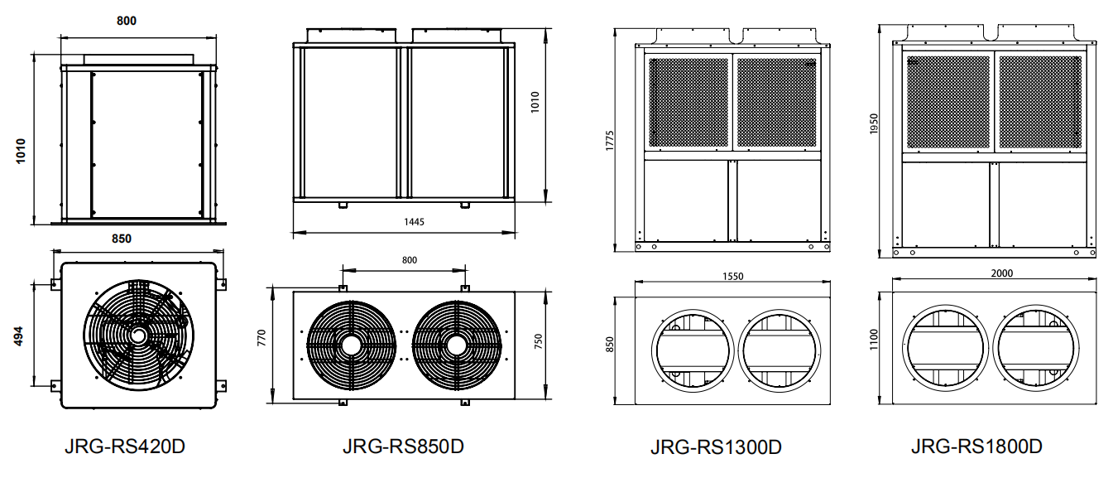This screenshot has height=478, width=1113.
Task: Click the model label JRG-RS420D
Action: [x=124, y=447]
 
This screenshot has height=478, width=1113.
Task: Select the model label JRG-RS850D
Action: [x=403, y=447]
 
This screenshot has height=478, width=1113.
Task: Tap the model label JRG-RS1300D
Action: [x=716, y=447]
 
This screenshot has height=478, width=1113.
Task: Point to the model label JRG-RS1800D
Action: [x=976, y=447]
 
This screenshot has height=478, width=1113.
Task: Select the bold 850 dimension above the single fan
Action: [x=122, y=239]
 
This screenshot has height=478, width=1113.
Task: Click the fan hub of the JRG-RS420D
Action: [x=137, y=335]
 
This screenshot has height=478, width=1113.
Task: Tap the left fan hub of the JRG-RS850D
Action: [x=350, y=343]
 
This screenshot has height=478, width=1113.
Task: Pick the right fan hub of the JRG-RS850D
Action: [x=455, y=343]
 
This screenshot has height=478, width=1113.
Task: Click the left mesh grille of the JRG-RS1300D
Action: [x=688, y=103]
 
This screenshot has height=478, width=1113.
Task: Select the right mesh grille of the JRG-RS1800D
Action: [x=1040, y=103]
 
